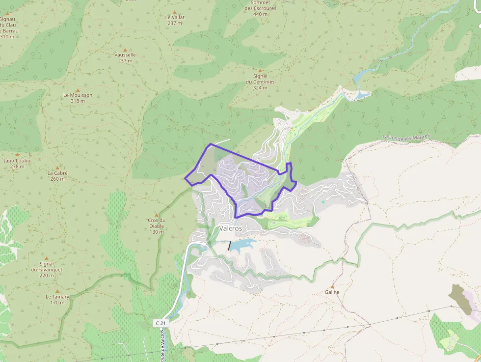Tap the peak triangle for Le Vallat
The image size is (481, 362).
click(175, 11)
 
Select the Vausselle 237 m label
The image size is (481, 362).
click(125, 57)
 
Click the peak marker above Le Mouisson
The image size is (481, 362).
click(78, 90)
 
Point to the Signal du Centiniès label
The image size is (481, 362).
click(260, 82)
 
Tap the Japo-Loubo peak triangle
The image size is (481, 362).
click(17, 155)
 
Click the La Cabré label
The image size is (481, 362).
click(57, 175)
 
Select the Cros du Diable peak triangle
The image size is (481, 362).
click(157, 215)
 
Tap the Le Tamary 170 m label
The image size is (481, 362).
click(57, 300)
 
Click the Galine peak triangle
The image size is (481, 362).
click(332, 286)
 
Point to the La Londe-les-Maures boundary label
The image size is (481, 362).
click(406, 138)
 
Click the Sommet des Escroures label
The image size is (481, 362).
click(260, 8)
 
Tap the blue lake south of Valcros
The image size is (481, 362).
click(242, 245)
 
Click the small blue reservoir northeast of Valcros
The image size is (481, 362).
click(362, 94)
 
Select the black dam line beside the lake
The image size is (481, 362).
click(229, 246)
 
